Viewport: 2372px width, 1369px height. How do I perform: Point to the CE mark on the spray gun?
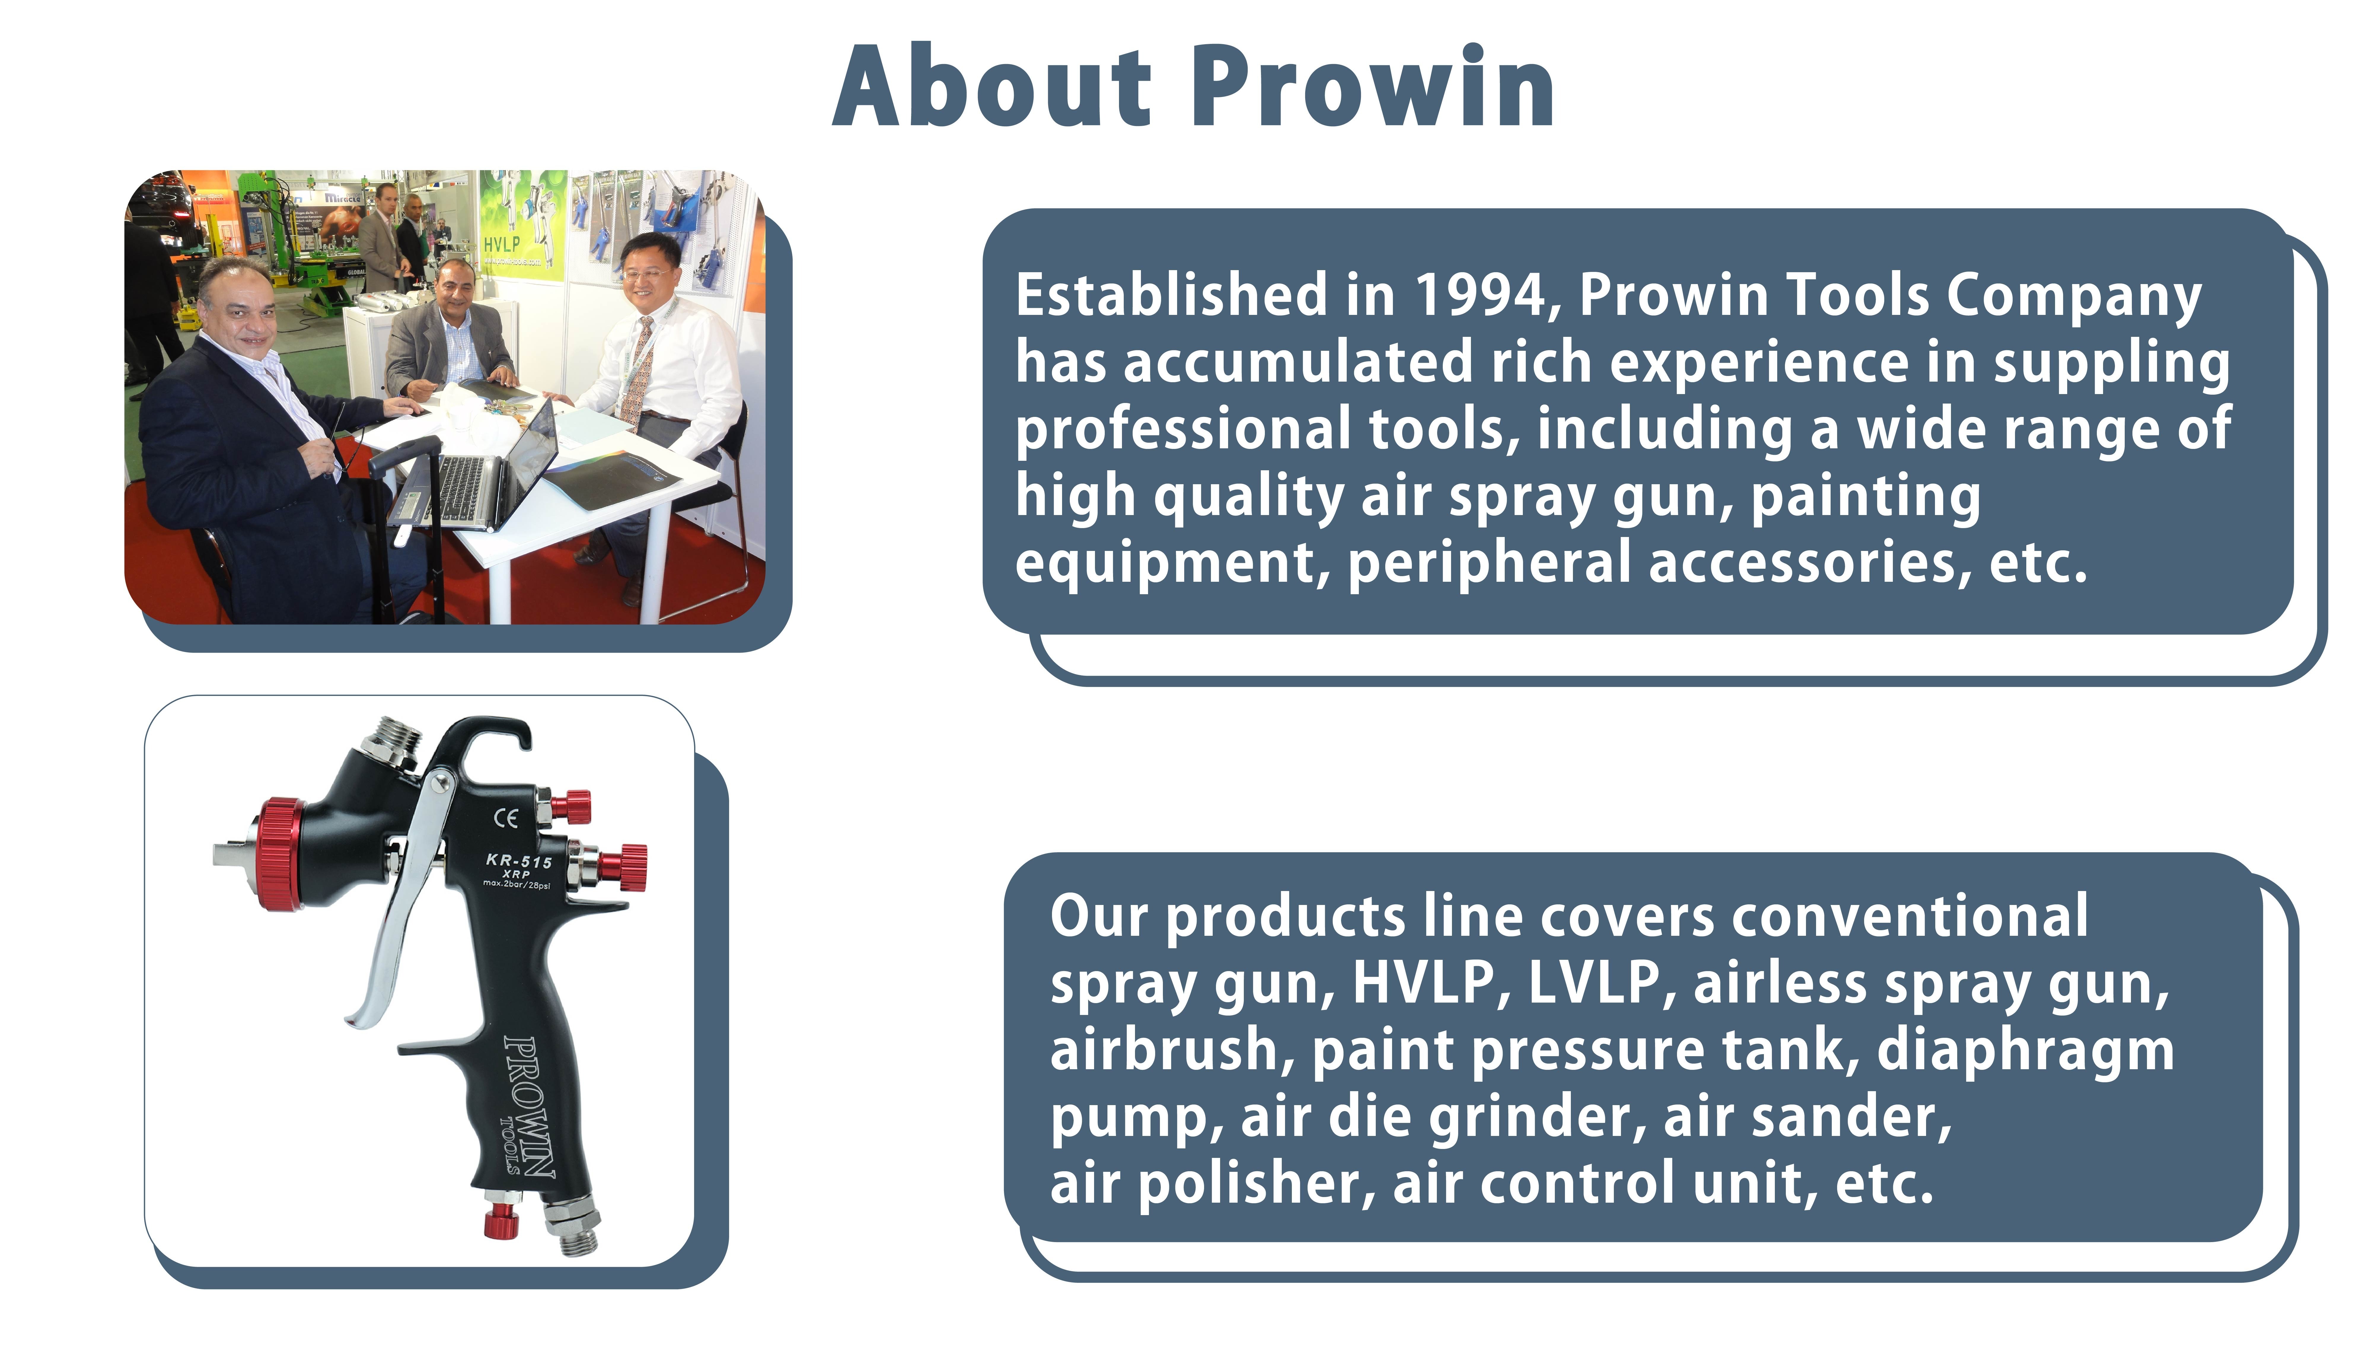pyautogui.click(x=506, y=818)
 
